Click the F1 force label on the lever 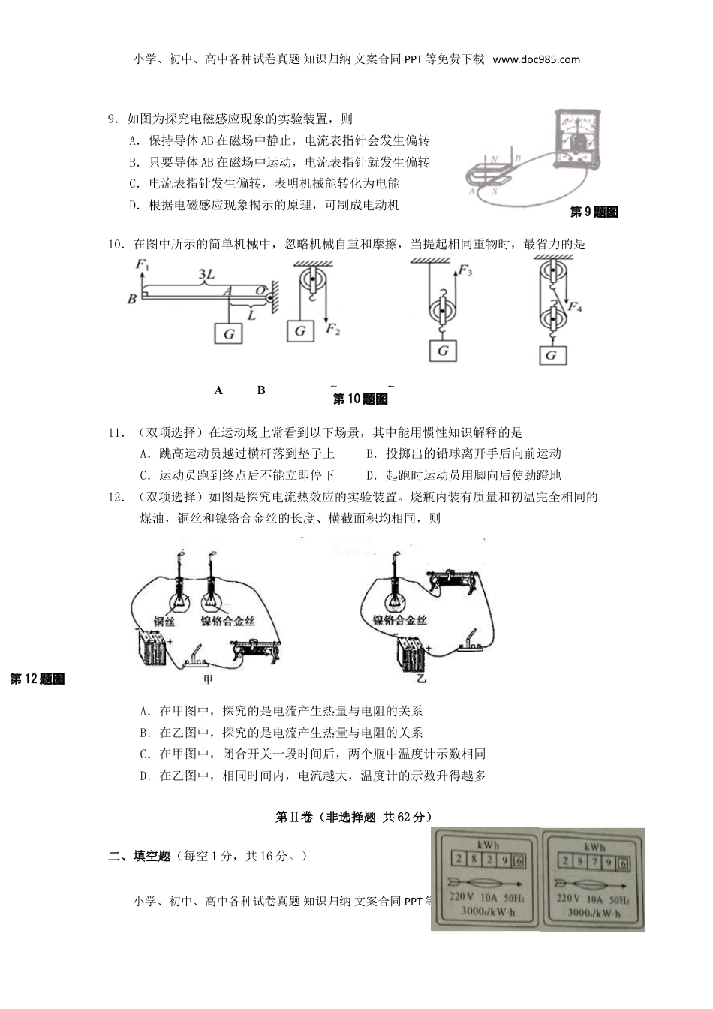[143, 264]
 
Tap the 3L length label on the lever [206, 276]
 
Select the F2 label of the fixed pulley [332, 328]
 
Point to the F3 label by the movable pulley [465, 270]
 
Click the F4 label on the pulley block [576, 306]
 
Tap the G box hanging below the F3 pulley [443, 351]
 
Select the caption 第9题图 [594, 212]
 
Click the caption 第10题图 [360, 399]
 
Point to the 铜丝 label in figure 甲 [164, 622]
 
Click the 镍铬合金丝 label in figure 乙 [399, 620]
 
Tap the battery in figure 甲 [152, 649]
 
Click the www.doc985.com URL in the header [537, 59]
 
